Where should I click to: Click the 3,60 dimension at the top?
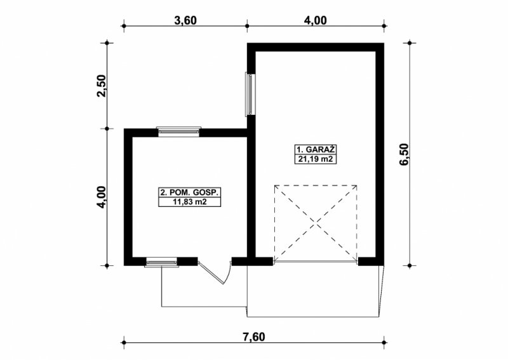click(x=185, y=20)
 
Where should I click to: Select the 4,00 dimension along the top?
click(x=315, y=20)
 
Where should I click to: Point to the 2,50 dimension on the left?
click(x=102, y=86)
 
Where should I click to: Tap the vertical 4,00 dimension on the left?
click(x=102, y=197)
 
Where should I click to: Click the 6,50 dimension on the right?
click(x=404, y=154)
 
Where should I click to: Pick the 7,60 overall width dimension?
click(x=253, y=337)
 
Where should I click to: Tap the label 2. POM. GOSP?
click(x=189, y=192)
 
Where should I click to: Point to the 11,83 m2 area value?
click(x=189, y=202)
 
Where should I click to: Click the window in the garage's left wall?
click(x=250, y=93)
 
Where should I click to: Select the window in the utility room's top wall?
click(x=178, y=131)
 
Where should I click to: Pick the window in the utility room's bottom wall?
click(x=162, y=262)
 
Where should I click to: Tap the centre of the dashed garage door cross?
click(x=316, y=223)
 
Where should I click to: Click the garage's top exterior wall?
click(x=316, y=48)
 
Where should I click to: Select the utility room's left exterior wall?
click(x=128, y=197)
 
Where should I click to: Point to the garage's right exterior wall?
click(x=380, y=154)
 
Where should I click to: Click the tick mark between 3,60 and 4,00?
click(x=247, y=25)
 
